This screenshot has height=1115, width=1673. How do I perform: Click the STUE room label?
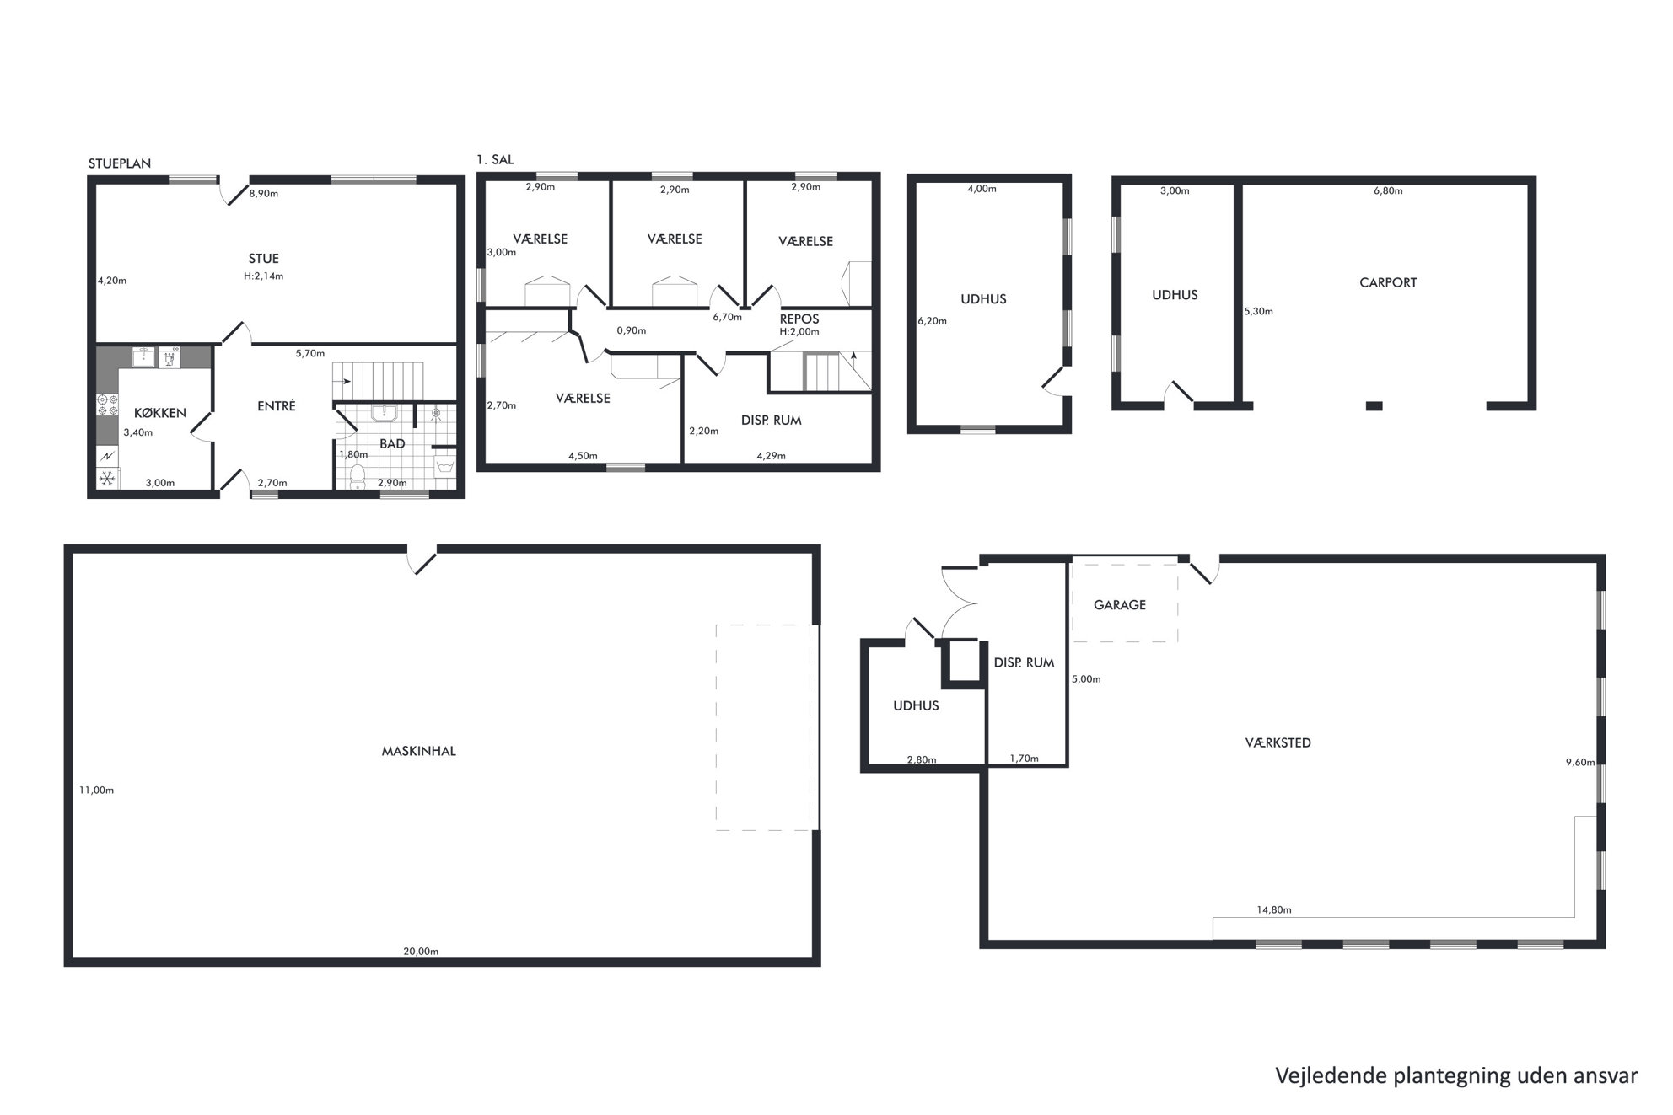coord(263,259)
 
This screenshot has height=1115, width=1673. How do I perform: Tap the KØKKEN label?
coord(160,413)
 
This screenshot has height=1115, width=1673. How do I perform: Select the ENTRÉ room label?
coord(277,405)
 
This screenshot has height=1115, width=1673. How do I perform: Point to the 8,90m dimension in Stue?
coord(264,194)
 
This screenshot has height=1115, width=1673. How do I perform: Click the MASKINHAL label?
coord(419,751)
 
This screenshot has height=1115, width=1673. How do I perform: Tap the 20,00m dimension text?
coord(421,952)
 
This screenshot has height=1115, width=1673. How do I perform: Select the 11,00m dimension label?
coord(96,791)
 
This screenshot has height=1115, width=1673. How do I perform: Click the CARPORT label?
coord(1388,282)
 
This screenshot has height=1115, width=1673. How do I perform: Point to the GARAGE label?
coord(1120,604)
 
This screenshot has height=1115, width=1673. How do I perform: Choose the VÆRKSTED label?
coord(1278,742)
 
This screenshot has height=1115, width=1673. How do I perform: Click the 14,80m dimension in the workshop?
coord(1274,910)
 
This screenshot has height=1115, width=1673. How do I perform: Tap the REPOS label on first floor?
coord(799,319)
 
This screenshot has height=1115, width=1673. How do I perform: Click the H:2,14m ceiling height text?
coord(263,276)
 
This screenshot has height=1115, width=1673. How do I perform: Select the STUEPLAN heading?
coord(120,163)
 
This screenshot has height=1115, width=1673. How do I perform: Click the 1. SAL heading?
coord(495,159)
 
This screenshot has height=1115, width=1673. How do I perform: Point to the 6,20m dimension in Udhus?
coord(932,321)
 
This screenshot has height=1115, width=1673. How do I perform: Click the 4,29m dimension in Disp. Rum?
coord(771,456)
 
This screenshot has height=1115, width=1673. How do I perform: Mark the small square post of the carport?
coord(1374,406)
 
